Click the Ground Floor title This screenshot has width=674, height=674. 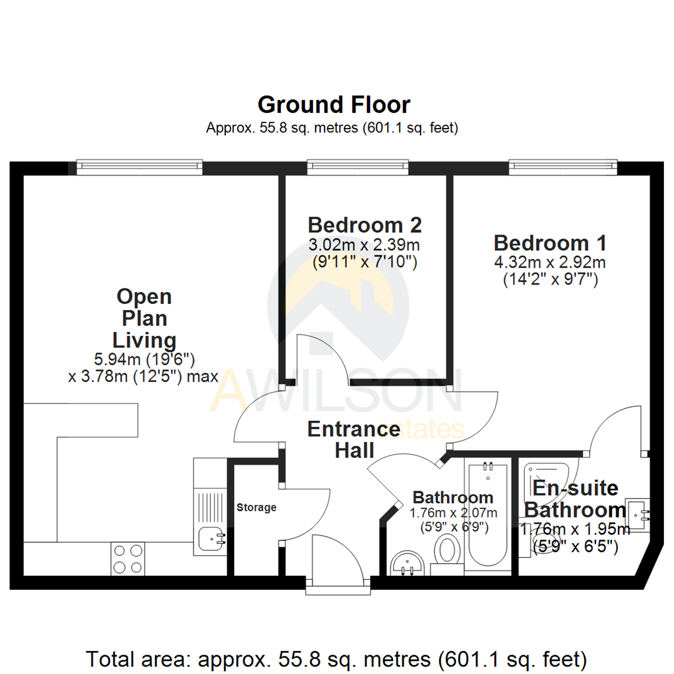coord(334,104)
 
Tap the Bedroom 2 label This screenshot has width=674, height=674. coord(364,224)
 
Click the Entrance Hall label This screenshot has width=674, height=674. coord(354,439)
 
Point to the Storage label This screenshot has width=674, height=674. coord(256,507)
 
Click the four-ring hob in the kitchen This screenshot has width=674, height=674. coord(127,559)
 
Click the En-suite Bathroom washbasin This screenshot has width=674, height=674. coord(638,514)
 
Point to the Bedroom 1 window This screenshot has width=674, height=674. coord(563,167)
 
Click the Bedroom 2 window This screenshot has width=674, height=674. coord(358,167)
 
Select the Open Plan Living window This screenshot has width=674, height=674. coord(140,167)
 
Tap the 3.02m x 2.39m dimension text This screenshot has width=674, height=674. coord(364,244)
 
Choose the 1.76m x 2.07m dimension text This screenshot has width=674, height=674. coord(453,513)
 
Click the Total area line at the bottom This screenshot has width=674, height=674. coord(336,658)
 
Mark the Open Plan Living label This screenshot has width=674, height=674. coord(144,318)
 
